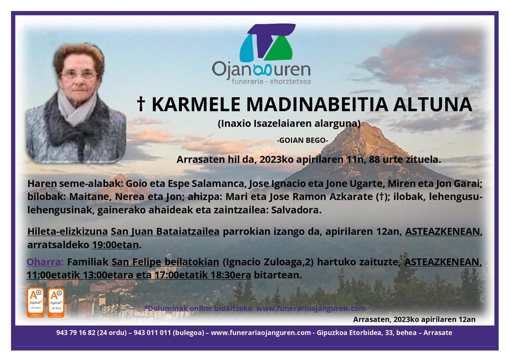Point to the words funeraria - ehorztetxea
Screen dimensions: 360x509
[x=262, y=81]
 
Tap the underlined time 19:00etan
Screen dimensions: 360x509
[x=115, y=245]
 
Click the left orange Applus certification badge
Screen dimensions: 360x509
[x=35, y=303]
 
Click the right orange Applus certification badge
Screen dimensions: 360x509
[x=56, y=303]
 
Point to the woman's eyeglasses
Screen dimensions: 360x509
[x=79, y=76]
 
